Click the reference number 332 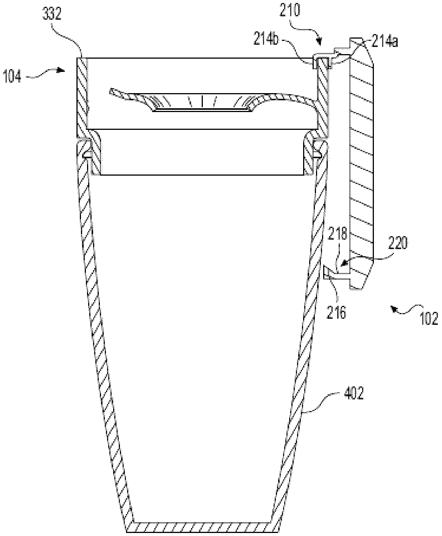pos(51,15)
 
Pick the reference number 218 pos(338,234)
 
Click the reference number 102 pos(428,319)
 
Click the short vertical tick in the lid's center pos(202,101)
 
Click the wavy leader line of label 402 pos(322,404)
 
